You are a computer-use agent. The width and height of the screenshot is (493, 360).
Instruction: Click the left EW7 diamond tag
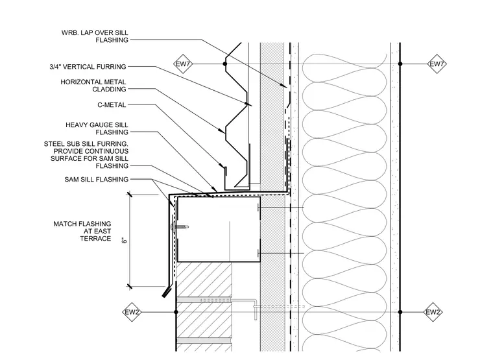coord(183,64)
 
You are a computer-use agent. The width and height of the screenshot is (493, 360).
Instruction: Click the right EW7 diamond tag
coord(437,64)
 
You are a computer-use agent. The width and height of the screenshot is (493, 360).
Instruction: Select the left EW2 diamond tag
coord(132,312)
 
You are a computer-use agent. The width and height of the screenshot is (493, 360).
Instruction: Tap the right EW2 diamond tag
coord(433,312)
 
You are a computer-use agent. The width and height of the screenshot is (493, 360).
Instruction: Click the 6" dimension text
coord(125,241)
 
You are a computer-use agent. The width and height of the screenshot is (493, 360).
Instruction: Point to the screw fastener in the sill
coord(179,226)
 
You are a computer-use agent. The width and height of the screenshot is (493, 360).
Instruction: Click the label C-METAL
coord(112,105)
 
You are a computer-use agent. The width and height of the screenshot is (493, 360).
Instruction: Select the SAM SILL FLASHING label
coord(97,180)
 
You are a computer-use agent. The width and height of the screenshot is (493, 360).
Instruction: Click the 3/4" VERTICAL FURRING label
coord(88,67)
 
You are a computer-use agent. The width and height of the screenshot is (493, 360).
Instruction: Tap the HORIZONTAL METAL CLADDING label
coord(93,86)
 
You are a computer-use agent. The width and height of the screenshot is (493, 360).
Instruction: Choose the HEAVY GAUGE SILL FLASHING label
coord(97,128)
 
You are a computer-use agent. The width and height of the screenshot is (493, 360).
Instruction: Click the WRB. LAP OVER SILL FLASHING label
coord(95,36)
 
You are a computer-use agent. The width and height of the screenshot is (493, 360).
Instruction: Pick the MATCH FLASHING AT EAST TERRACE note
coord(82,231)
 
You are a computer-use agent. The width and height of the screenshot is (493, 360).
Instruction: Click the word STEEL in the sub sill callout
coord(53,144)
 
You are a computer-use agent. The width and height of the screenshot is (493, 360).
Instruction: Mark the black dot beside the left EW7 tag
coord(225,64)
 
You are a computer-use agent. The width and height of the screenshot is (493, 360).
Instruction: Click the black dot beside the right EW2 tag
coord(400,312)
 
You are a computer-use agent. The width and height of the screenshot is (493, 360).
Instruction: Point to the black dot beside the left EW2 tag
coord(176,312)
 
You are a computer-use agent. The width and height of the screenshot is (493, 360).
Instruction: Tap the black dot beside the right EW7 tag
coord(400,64)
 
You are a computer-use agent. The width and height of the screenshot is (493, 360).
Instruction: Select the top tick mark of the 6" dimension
coord(129,195)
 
